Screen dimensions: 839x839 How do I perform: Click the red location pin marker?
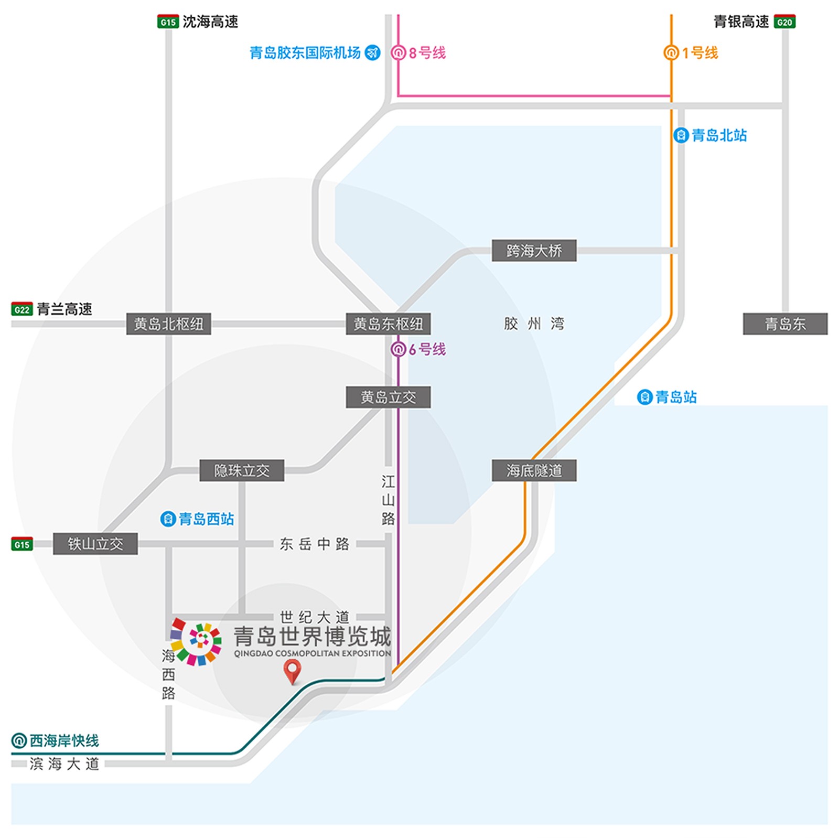tap(292, 671)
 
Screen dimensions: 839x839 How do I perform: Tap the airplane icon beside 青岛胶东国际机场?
tap(372, 52)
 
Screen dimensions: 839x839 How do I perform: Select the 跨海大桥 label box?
tap(534, 251)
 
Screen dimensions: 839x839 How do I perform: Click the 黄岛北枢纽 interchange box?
tap(168, 324)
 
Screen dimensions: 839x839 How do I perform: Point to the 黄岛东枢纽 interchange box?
tap(388, 324)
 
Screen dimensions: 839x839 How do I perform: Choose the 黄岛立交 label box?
tap(388, 397)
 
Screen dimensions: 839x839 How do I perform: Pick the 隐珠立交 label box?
tap(242, 470)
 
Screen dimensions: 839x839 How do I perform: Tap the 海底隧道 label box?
tap(534, 470)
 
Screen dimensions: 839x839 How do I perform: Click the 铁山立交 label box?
tap(95, 544)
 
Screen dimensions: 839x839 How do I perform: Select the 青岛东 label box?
tap(785, 324)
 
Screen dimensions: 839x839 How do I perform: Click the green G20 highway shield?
tap(784, 22)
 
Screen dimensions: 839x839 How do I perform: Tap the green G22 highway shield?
tap(22, 309)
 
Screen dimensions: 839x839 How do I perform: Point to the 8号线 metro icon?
tap(399, 52)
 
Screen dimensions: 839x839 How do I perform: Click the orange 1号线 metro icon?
tap(671, 52)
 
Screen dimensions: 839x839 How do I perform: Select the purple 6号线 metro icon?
tap(399, 349)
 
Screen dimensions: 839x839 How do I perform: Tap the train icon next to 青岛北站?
tap(681, 135)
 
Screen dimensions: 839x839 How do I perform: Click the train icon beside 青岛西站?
tap(168, 519)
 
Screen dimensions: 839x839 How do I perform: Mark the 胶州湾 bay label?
tap(534, 324)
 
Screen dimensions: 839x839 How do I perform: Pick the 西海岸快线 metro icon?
tap(19, 741)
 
